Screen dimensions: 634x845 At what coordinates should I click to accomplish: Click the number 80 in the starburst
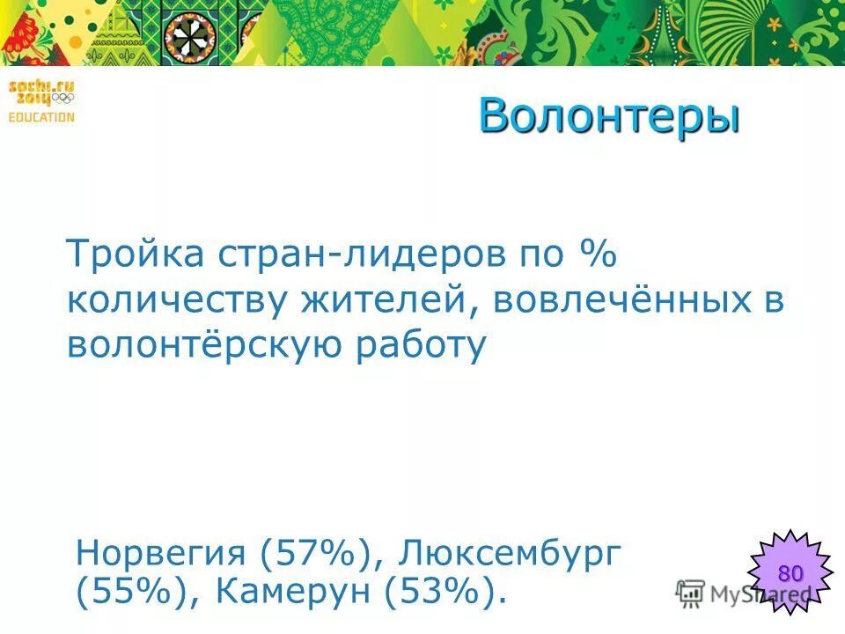pyautogui.click(x=790, y=574)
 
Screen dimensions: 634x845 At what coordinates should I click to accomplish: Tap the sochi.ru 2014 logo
pyautogui.click(x=41, y=91)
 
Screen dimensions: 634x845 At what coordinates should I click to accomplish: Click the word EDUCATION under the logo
pyautogui.click(x=41, y=117)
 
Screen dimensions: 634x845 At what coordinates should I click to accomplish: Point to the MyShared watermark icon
pyautogui.click(x=691, y=592)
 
